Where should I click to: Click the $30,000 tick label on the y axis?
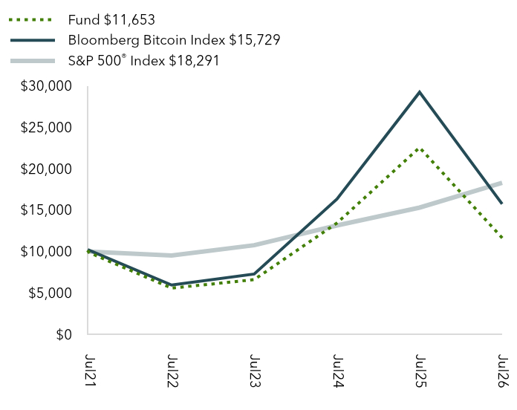[46, 86]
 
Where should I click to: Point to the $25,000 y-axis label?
[46, 128]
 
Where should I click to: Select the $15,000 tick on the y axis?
[46, 210]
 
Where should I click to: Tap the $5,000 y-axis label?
[50, 293]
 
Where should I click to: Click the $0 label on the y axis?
[64, 334]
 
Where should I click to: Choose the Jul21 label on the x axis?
[90, 371]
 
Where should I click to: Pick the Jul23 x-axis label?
[255, 371]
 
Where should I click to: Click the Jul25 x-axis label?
[420, 371]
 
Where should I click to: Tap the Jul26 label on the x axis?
[503, 371]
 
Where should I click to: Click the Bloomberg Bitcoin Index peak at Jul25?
[420, 92]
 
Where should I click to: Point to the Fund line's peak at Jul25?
[419, 149]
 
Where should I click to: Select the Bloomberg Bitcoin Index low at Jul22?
[172, 285]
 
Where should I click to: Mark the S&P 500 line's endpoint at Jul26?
[501, 183]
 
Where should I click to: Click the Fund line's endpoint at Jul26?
[501, 237]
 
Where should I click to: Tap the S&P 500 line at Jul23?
[254, 245]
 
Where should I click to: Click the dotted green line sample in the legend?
[30, 20]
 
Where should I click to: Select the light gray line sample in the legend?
[33, 61]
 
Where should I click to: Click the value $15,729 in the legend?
[255, 40]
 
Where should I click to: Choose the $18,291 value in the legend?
[194, 61]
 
